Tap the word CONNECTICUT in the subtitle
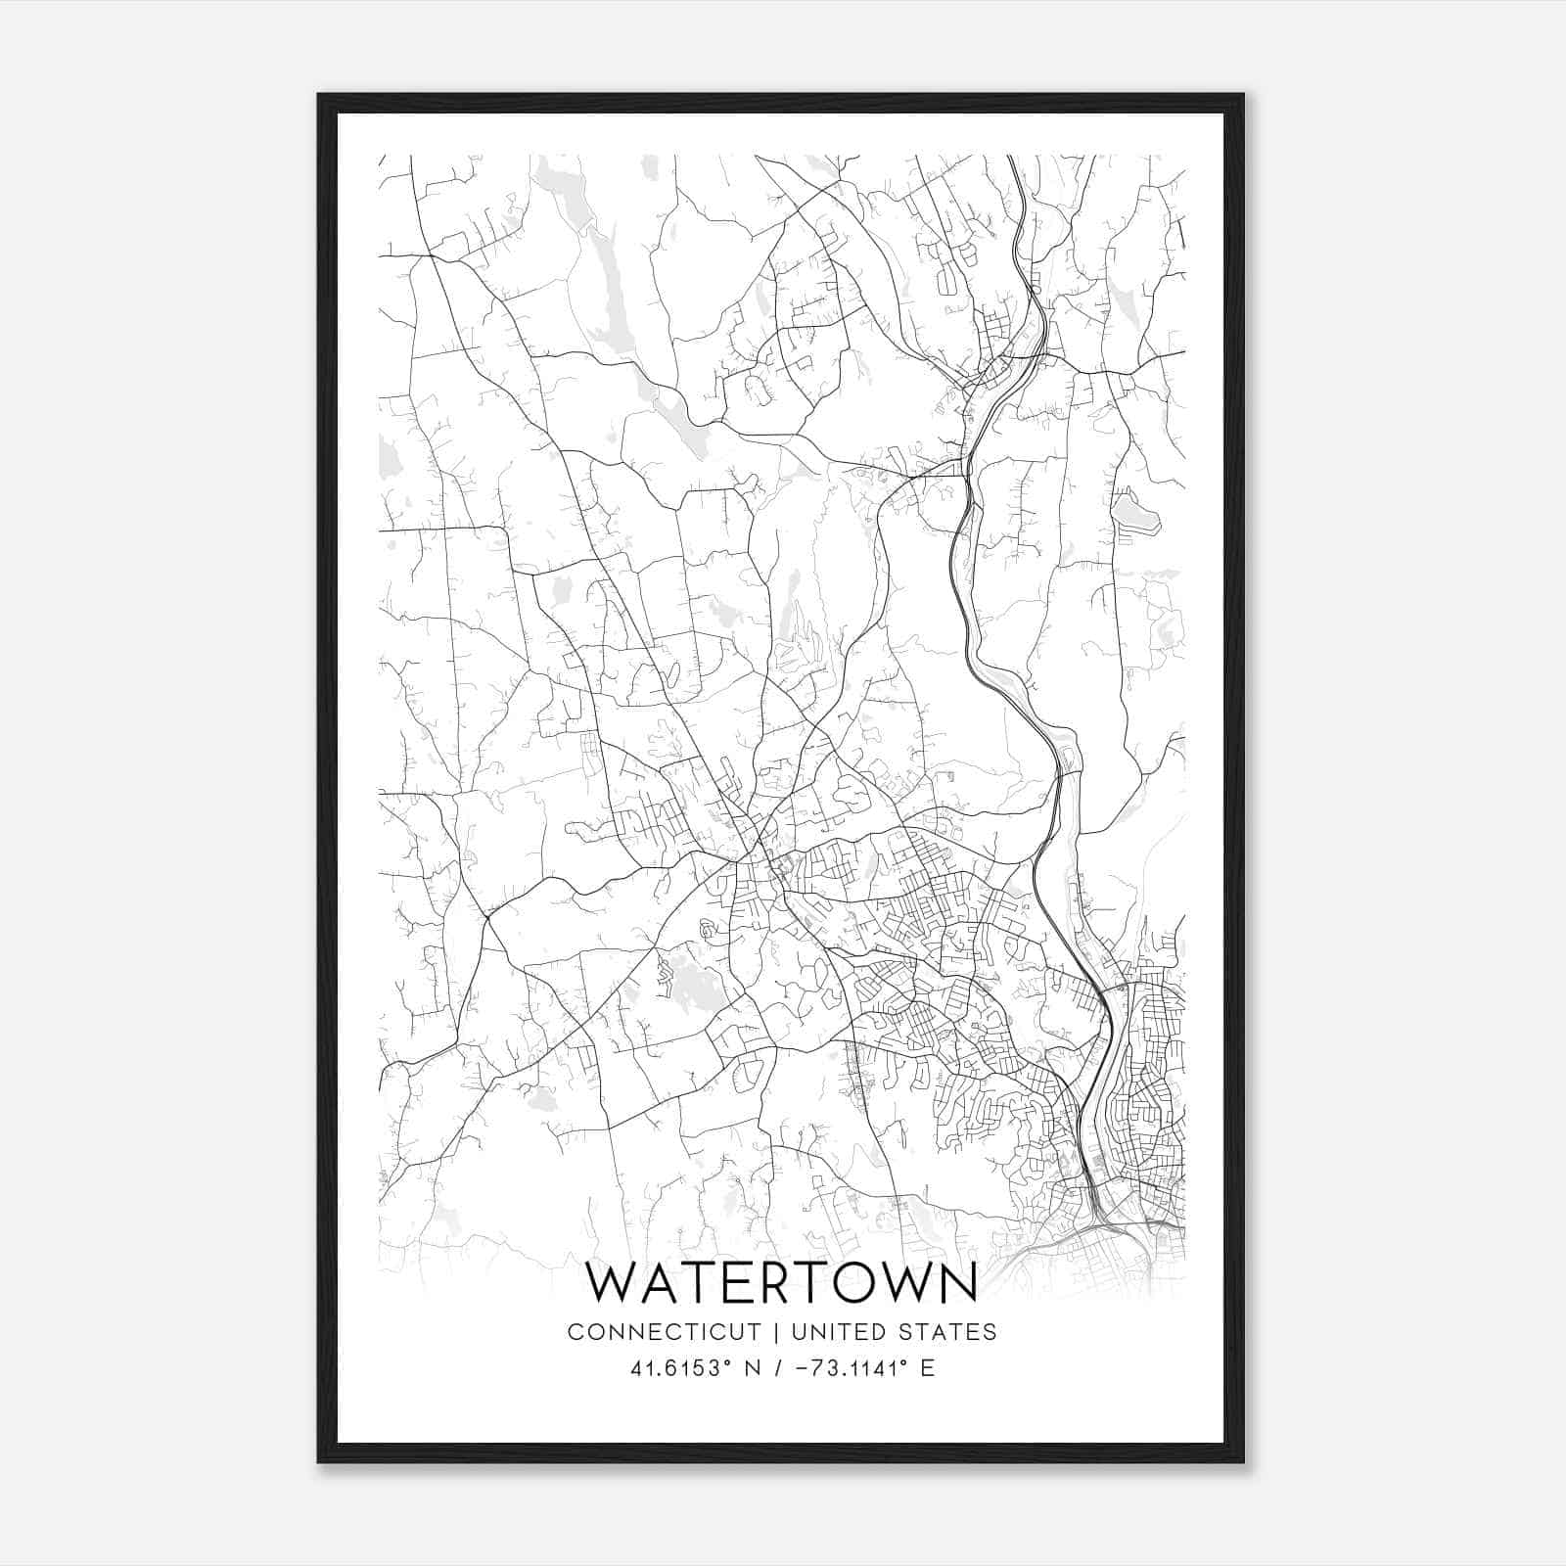point(664,1332)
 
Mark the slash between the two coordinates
point(778,1368)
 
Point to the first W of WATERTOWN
point(612,1282)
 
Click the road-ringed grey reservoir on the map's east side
point(1129,514)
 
